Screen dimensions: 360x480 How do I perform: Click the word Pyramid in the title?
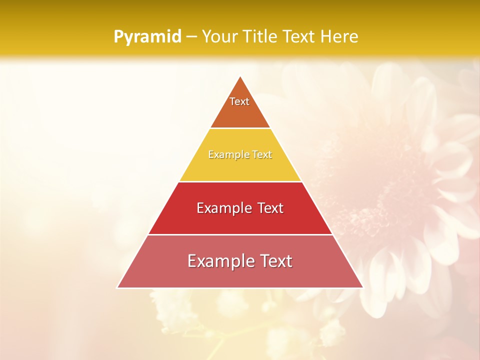tap(147, 37)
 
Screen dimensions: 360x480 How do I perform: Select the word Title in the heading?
tap(259, 36)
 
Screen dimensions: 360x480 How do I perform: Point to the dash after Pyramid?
tap(191, 37)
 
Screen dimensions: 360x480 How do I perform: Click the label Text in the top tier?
tap(239, 101)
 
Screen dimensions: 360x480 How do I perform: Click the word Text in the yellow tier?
tap(261, 154)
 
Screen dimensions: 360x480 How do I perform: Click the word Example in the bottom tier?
tap(218, 261)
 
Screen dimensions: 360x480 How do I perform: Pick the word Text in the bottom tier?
tap(274, 261)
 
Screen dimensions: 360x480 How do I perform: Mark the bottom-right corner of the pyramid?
tap(362, 287)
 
